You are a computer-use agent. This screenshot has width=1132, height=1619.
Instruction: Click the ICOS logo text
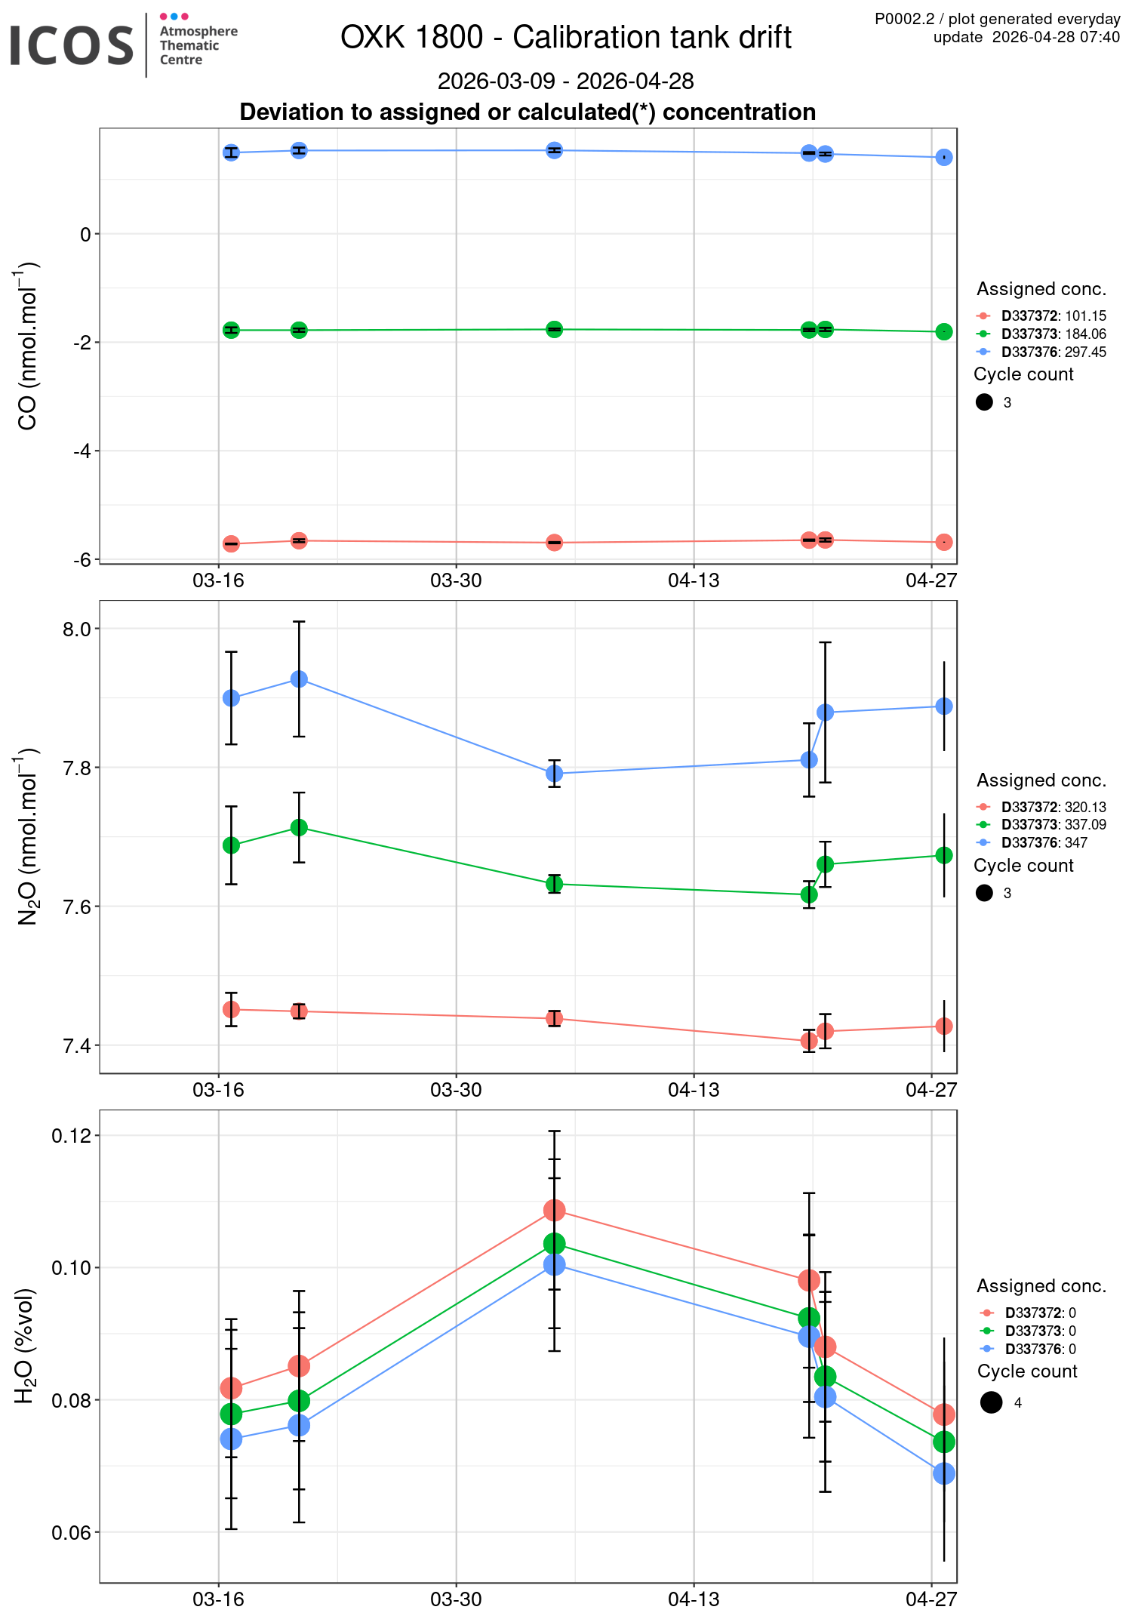(72, 45)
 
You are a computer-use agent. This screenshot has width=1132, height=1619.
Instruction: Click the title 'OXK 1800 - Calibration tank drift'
(565, 37)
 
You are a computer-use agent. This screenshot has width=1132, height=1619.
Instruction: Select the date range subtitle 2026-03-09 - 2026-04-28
(565, 81)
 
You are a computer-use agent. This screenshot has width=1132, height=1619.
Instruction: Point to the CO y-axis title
(28, 346)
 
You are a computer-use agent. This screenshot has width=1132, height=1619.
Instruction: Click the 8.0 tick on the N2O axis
(75, 629)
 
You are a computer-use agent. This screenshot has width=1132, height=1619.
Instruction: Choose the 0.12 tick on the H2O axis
(71, 1136)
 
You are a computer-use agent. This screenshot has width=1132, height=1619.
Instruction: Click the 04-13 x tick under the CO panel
(694, 580)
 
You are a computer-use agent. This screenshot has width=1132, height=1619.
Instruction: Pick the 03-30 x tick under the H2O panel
(456, 1599)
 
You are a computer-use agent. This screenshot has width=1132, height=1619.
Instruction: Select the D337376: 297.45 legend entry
(1053, 352)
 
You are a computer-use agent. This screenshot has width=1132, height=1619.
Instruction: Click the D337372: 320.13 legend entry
(1053, 808)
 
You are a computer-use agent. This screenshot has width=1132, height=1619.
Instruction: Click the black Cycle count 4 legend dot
(992, 1402)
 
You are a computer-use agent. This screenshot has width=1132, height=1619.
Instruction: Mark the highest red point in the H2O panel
(555, 1211)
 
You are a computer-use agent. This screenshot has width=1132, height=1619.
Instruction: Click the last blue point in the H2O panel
(944, 1473)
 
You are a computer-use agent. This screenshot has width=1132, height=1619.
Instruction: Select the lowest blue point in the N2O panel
(555, 774)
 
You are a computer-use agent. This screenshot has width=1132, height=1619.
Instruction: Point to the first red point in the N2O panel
(232, 1009)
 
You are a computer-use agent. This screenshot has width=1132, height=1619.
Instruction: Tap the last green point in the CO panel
(944, 332)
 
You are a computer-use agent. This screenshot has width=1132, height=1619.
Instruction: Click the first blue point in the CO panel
(232, 152)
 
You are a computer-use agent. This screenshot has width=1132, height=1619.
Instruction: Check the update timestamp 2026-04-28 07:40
(1026, 37)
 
